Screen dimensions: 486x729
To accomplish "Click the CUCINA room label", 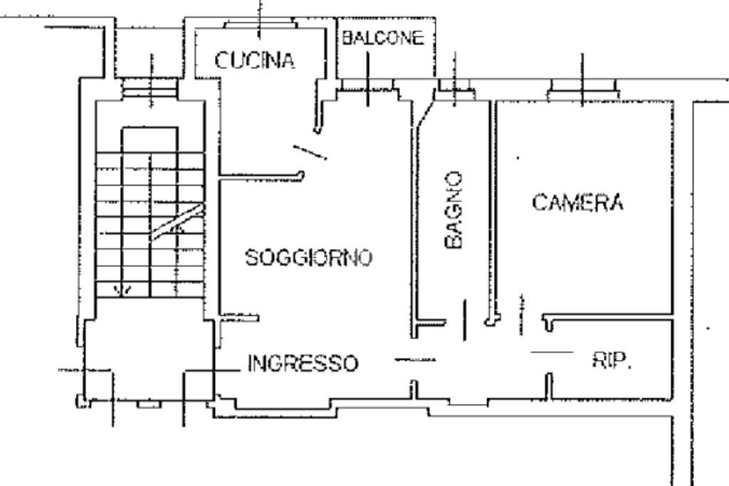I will (x=255, y=60).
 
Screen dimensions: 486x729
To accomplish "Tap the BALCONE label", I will (x=384, y=38).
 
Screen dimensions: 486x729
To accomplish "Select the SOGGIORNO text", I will (x=308, y=257).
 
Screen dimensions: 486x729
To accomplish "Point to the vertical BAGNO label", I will (x=453, y=209).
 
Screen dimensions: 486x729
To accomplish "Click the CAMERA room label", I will (x=577, y=203).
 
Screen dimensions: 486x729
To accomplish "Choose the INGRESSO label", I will (x=303, y=364).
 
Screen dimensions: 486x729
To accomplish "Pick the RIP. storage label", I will (x=612, y=361).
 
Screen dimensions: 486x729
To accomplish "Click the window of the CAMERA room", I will (x=582, y=88).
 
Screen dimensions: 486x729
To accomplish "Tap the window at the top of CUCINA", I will (x=259, y=25).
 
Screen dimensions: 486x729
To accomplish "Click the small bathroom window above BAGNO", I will (x=455, y=87).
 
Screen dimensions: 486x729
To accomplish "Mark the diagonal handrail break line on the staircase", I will (x=178, y=222).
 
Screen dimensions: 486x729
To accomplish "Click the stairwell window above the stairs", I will (x=149, y=88).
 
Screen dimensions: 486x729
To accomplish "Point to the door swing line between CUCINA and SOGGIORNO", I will (x=310, y=152).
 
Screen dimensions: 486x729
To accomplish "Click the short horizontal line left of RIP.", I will (x=552, y=352).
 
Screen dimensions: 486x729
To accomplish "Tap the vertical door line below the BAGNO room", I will (x=465, y=319).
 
